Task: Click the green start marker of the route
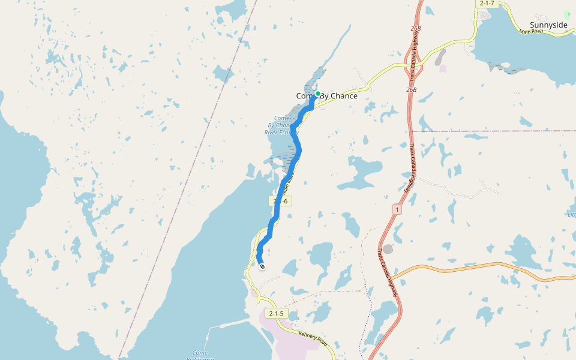pos(317,94)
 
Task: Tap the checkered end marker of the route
pos(262,266)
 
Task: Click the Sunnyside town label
pos(548,25)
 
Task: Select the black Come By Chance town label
pos(327,96)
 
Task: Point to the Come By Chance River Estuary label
pos(281,125)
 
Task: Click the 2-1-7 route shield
pos(487,4)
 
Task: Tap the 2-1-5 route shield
pos(276,313)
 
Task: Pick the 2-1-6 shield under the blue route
pos(280,201)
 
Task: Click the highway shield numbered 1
pos(397,209)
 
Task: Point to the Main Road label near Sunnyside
pos(531,31)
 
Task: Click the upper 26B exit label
pos(415,28)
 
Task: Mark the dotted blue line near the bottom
pos(367,318)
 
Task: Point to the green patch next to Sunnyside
pos(566,13)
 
